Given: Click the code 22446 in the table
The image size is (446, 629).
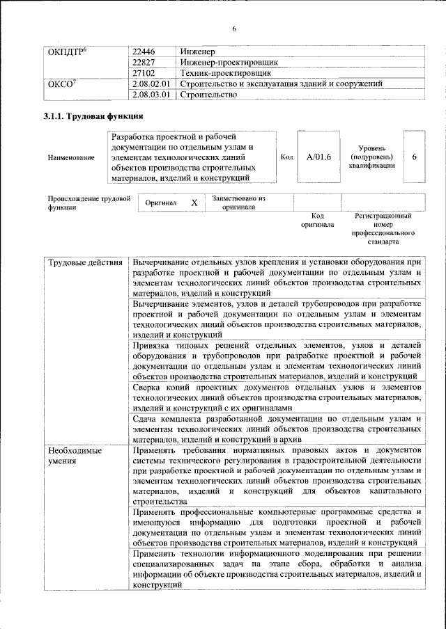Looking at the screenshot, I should [144, 51].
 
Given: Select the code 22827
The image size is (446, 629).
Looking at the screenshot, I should [144, 62].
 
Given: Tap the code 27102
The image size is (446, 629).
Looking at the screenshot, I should [144, 72].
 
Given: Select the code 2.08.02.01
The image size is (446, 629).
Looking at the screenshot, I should [151, 83].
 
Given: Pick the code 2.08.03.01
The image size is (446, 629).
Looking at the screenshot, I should [151, 95].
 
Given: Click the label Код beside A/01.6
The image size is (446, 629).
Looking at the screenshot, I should [286, 157].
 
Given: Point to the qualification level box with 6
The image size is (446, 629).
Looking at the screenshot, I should [414, 157].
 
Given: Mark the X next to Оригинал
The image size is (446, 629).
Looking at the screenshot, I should [194, 202].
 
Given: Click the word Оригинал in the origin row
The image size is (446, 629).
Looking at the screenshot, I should [161, 202].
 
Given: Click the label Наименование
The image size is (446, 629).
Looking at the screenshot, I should [72, 158].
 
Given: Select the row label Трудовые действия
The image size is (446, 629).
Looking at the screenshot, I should [84, 262].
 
